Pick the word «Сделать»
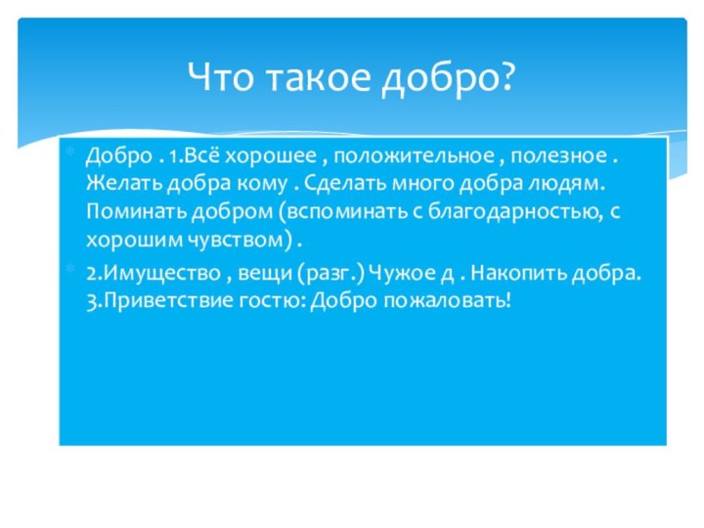tap(344, 183)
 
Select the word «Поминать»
tap(126, 210)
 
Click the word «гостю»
tap(275, 300)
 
